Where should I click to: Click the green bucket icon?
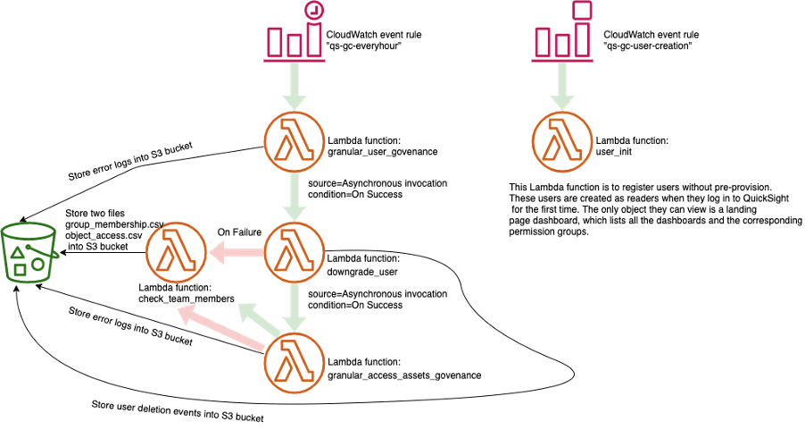[x=29, y=252]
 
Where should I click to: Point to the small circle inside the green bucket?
[x=38, y=265]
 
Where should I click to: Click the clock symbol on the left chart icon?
[x=313, y=11]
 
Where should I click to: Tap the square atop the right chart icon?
[x=582, y=10]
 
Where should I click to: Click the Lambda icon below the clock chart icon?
[x=295, y=141]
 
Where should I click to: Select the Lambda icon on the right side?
[x=562, y=141]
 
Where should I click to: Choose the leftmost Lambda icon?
[x=176, y=253]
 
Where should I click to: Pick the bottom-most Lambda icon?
[x=295, y=363]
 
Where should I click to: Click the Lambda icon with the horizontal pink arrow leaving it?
[x=295, y=253]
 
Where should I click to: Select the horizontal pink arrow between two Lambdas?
[x=236, y=253]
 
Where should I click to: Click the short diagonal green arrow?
[x=258, y=319]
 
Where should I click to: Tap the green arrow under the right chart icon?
[x=561, y=86]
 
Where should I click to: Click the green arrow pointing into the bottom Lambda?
[x=295, y=308]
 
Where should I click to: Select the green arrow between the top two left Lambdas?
[x=295, y=197]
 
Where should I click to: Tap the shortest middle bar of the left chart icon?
[x=295, y=46]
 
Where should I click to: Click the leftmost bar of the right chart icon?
[x=543, y=42]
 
